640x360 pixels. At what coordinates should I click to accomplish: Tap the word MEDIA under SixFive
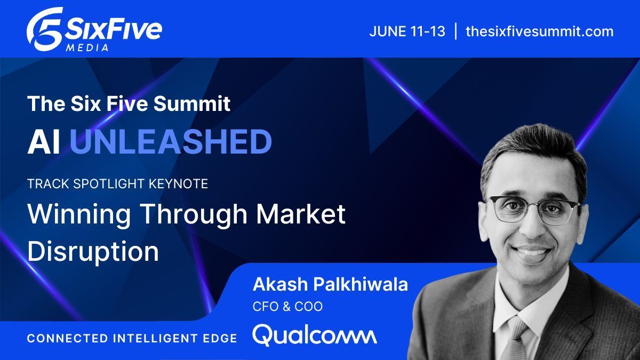click(x=89, y=47)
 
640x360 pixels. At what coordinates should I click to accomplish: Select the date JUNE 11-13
click(x=407, y=31)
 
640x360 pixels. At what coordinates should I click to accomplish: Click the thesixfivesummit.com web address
click(x=539, y=31)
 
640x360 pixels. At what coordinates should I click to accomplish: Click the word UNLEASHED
click(x=171, y=142)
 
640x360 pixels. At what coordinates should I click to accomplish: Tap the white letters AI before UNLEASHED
click(x=44, y=142)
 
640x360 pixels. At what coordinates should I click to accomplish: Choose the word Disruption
click(x=93, y=251)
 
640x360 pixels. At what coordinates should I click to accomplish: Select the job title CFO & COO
click(x=287, y=307)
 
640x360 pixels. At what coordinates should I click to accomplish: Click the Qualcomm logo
click(x=314, y=335)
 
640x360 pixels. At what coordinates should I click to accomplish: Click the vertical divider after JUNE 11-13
click(x=455, y=31)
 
